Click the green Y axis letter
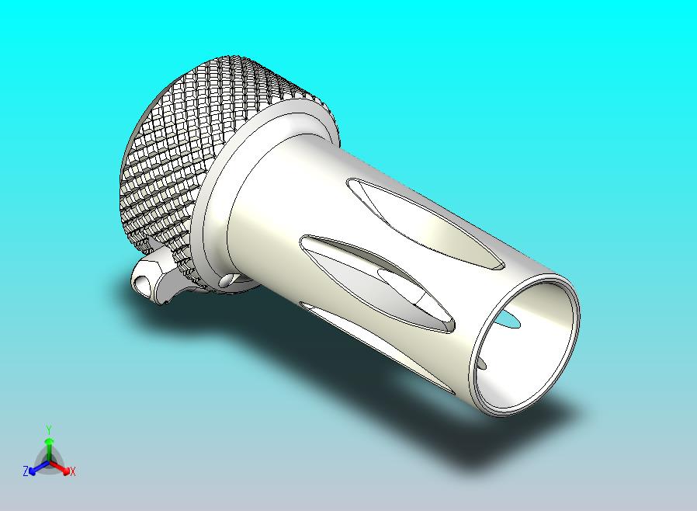(x=48, y=429)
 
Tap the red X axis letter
(x=72, y=471)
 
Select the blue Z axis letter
(x=26, y=471)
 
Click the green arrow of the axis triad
(x=48, y=446)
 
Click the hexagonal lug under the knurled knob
(x=151, y=277)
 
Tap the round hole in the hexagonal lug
(x=141, y=280)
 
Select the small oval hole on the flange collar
(x=226, y=280)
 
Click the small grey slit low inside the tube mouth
(x=482, y=362)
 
